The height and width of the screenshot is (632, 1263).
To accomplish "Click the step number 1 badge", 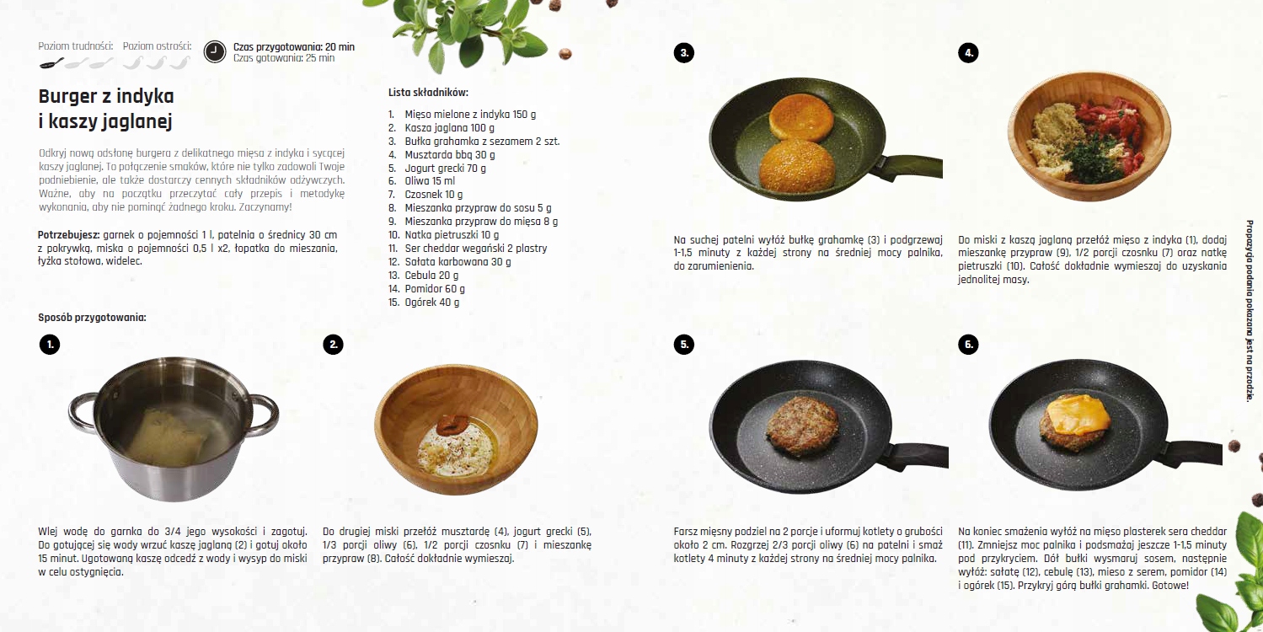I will [50, 344].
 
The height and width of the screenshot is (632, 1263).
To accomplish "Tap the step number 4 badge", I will [968, 53].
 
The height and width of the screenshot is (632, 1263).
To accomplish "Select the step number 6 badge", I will [968, 344].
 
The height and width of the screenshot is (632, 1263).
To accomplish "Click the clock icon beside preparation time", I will [215, 51].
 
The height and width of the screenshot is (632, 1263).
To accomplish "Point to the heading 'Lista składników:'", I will [428, 93].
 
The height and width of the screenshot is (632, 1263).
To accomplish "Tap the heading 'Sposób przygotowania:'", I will [92, 318].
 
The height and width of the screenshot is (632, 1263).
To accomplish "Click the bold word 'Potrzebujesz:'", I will [68, 233].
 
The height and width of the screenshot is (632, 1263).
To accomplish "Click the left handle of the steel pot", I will [83, 414].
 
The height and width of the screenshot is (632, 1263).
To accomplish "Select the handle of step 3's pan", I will [912, 165].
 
